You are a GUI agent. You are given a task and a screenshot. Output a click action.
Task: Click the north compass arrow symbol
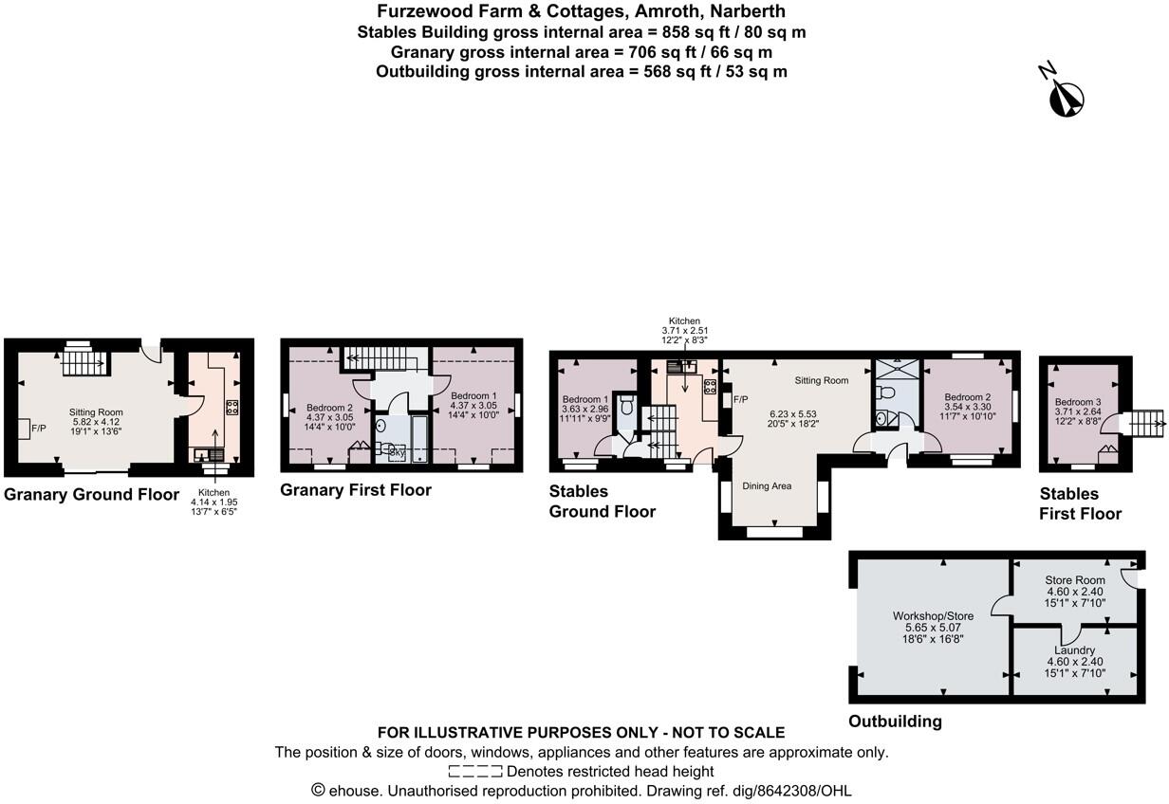point(1066,95)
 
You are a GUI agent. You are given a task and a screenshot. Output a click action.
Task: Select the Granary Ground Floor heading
point(91,494)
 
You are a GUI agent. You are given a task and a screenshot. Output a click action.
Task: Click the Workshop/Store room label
point(933,616)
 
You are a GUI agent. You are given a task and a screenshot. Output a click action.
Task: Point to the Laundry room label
point(1074,650)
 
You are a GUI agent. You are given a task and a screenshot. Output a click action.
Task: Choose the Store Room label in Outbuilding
point(1074,580)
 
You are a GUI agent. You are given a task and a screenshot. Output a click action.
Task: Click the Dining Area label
point(767,486)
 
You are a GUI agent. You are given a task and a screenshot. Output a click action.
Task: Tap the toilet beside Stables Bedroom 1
point(625,408)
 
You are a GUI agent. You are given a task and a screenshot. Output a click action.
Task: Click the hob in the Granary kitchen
point(232,409)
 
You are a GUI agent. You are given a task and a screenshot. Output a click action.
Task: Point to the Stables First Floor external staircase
point(1148,423)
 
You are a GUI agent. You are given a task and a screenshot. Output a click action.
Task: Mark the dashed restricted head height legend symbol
point(475,772)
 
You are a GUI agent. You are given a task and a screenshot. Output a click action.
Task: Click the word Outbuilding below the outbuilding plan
point(895,722)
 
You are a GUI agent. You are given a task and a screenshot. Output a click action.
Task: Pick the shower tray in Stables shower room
point(893,369)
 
